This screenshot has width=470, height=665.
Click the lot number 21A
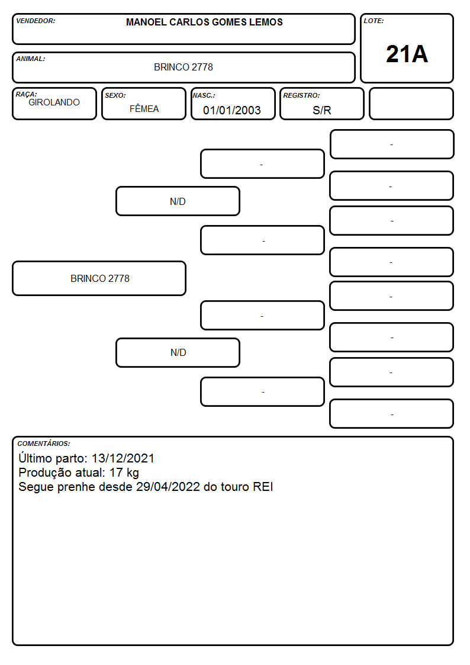point(407,54)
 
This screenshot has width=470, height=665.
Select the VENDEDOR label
point(36,21)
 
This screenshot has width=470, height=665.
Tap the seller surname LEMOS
point(266,22)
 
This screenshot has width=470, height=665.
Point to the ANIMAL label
point(31,59)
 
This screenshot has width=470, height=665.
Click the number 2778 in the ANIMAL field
point(202,67)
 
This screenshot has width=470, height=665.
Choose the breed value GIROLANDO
point(54,102)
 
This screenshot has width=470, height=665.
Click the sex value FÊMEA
point(144,109)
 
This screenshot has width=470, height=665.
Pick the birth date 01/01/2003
point(232,110)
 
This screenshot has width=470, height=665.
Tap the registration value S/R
point(321,110)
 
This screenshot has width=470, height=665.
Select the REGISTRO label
point(301,95)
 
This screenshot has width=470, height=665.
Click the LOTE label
point(374,21)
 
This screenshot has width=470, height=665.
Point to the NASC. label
point(204,95)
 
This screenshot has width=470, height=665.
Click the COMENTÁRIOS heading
point(44,444)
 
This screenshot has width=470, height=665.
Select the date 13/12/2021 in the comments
point(123,458)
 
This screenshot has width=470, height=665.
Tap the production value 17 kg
point(124,473)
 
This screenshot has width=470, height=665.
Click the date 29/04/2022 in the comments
point(168,487)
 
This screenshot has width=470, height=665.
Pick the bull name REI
point(263,487)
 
